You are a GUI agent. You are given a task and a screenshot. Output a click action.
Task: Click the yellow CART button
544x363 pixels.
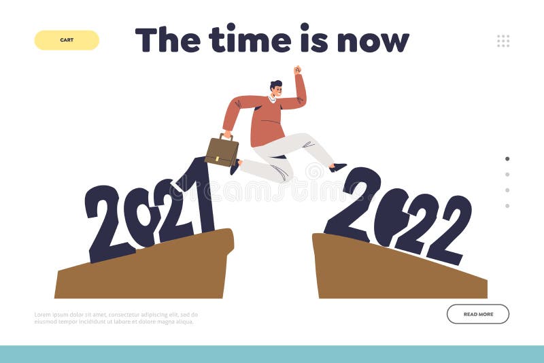[x=67, y=40]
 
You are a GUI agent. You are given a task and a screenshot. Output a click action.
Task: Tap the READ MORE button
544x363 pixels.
[x=478, y=314]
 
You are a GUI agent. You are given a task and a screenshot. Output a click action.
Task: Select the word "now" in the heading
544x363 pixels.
[x=373, y=41]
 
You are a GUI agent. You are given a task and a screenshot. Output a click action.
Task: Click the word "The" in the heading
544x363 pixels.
[x=167, y=39]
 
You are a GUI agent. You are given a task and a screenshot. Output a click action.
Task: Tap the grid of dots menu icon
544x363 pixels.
[x=503, y=41]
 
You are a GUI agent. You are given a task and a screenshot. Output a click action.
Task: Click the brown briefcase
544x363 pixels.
[x=222, y=151]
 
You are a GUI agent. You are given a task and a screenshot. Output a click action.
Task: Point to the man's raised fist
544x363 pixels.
[x=297, y=69]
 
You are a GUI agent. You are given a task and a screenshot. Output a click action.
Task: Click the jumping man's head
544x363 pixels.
[x=275, y=88]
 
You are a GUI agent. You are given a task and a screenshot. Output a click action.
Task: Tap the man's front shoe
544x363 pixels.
[x=338, y=167]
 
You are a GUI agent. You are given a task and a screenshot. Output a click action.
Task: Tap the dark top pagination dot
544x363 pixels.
[x=507, y=158]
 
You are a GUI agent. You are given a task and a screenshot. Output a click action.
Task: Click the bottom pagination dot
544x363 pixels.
[x=507, y=205]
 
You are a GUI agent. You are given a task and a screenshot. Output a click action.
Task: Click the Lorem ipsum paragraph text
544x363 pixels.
[x=116, y=318]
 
